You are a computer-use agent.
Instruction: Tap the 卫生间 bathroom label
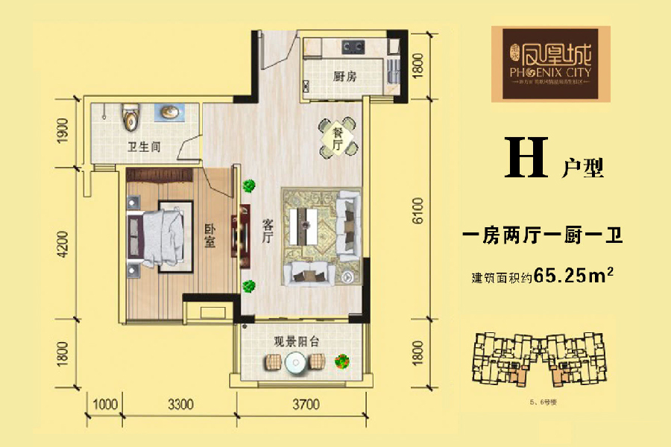coord(145,146)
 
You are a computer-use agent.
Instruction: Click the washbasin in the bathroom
coord(170,112)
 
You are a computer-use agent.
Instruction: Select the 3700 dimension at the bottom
coord(305,405)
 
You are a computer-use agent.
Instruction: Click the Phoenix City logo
coord(550,63)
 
